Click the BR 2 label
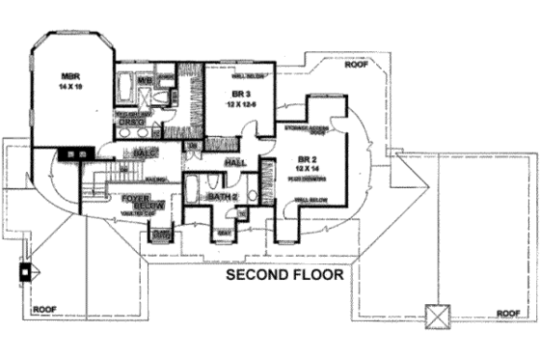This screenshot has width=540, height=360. (x=308, y=157)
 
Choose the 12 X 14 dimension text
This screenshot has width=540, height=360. (x=308, y=168)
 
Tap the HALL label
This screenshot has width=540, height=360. (x=234, y=165)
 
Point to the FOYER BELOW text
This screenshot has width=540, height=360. (x=135, y=202)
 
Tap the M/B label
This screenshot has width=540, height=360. (x=143, y=80)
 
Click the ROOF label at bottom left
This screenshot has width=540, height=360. (x=44, y=310)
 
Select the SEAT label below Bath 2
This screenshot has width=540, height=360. (x=224, y=232)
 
